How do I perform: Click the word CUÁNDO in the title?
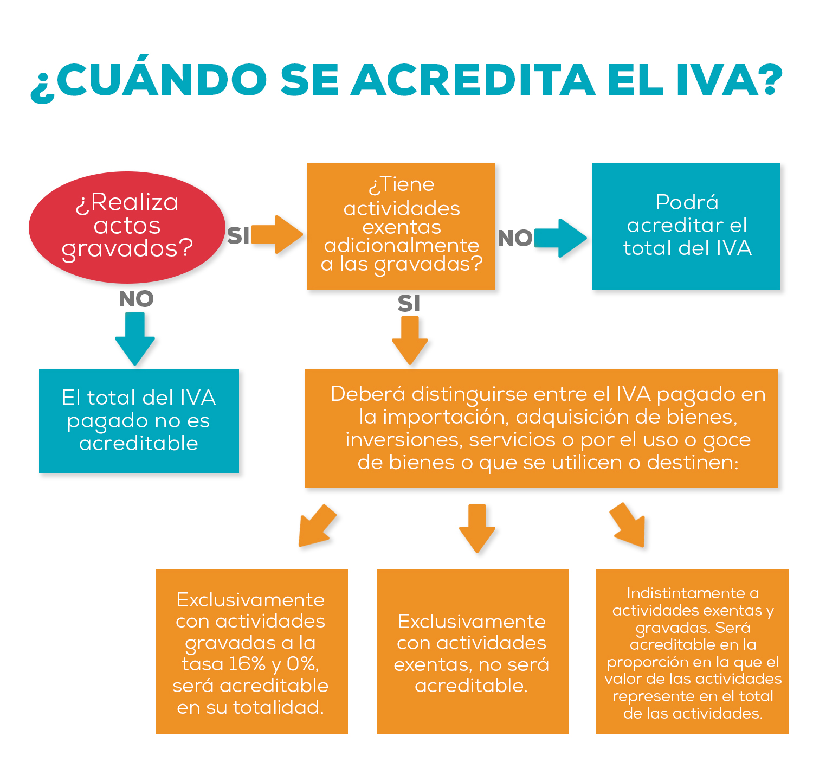(161, 78)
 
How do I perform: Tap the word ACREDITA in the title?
(473, 80)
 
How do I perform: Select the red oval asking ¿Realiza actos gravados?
(127, 227)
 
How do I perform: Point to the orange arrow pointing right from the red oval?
(277, 235)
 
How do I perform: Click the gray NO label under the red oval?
(137, 299)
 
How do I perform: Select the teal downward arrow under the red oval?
(134, 338)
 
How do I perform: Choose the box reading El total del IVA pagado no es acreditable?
(139, 421)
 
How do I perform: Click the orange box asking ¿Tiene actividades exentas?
(401, 227)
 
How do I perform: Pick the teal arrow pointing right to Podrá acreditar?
(560, 238)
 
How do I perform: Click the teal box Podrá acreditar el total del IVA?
(686, 227)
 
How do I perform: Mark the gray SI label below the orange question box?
(409, 304)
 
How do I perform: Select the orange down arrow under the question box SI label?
(410, 341)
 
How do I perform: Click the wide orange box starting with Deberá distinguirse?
(541, 428)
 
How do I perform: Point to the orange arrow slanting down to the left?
(317, 526)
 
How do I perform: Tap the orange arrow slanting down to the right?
(628, 525)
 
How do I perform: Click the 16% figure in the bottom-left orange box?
(247, 664)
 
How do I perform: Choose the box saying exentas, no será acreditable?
(473, 651)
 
